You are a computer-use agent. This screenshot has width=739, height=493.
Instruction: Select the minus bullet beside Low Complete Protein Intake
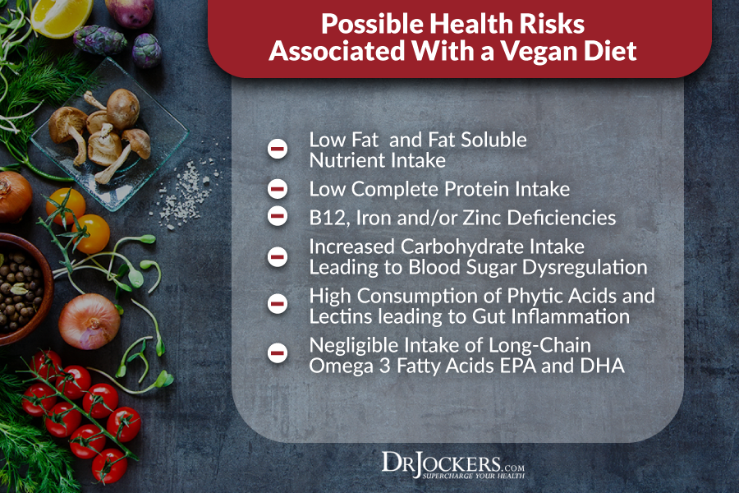pyautogui.click(x=278, y=189)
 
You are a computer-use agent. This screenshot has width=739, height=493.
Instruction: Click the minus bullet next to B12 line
pyautogui.click(x=278, y=216)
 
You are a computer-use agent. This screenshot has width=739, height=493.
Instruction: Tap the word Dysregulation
pyautogui.click(x=585, y=268)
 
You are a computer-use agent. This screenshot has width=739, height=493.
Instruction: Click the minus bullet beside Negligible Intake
pyautogui.click(x=278, y=352)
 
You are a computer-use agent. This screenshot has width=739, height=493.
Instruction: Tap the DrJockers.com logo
pyautogui.click(x=453, y=465)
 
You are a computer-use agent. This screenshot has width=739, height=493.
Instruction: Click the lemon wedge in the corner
pyautogui.click(x=62, y=17)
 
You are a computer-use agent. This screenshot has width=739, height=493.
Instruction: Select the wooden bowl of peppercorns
pyautogui.click(x=25, y=288)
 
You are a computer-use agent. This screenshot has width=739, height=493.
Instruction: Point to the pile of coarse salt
pyautogui.click(x=186, y=193)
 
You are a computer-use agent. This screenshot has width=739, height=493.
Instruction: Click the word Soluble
pyautogui.click(x=494, y=141)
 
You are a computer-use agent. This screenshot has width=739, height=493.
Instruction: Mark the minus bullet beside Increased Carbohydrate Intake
pyautogui.click(x=278, y=257)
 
